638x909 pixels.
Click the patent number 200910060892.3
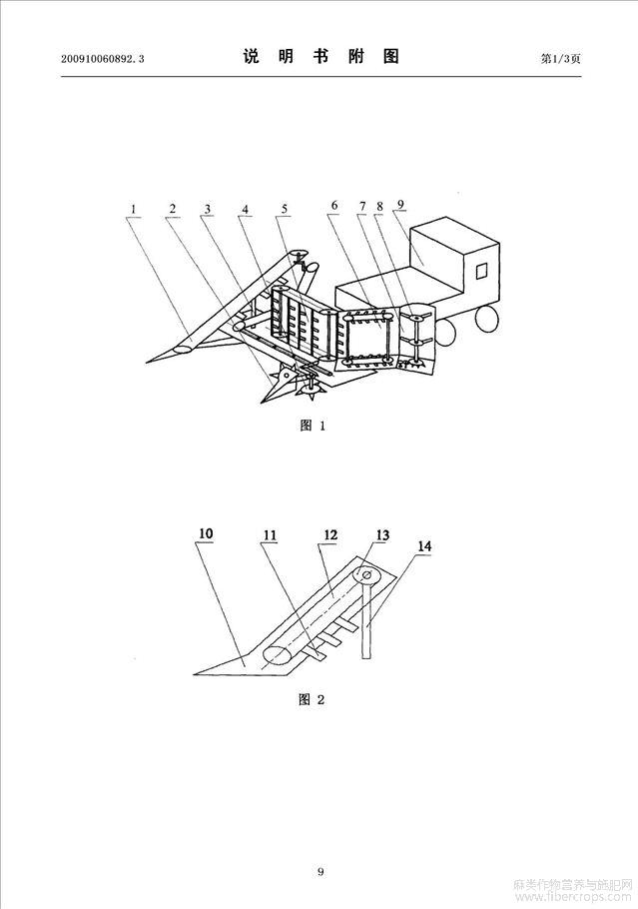[x=102, y=59]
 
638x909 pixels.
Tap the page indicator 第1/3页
[x=560, y=58]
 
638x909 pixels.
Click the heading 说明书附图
[x=321, y=56]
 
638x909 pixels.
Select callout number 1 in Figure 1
[x=133, y=210]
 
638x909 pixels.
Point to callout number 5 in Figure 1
[x=284, y=210]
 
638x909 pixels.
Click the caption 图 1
[x=313, y=426]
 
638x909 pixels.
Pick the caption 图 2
[x=312, y=699]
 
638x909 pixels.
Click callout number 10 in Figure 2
[x=206, y=533]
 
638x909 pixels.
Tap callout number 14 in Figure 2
[x=424, y=546]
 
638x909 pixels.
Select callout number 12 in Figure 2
[x=330, y=534]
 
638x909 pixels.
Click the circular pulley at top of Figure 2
[x=367, y=575]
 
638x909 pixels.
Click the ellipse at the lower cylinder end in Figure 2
[x=279, y=655]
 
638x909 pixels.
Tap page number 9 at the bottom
[x=320, y=871]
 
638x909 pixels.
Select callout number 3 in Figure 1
[x=208, y=210]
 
